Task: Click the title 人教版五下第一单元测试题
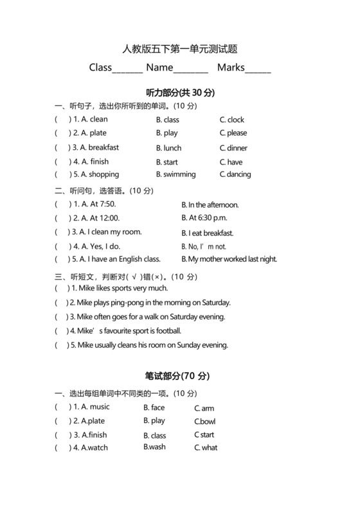point(179,49)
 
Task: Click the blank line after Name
point(191,69)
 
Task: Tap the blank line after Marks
point(258,69)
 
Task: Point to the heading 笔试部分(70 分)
point(179,376)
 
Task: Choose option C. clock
point(232,120)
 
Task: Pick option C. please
point(233,133)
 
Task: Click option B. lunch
point(169,148)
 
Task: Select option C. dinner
point(233,148)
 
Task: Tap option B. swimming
point(175,174)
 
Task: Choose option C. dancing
point(235,174)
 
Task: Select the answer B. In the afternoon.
point(210,204)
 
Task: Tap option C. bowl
point(205,422)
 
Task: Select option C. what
point(206,448)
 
